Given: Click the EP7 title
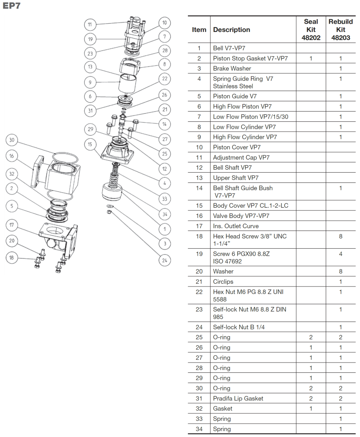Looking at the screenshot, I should click(11, 6).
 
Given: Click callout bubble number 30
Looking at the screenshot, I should click(12, 140).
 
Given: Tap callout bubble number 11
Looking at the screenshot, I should click(90, 24).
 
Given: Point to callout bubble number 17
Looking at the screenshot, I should click(12, 225).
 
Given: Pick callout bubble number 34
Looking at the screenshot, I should click(165, 214).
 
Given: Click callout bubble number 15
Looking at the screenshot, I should click(90, 144).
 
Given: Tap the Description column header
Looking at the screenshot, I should click(232, 30).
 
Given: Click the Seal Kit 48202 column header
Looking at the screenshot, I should click(311, 30).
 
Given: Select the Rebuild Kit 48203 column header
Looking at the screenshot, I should click(341, 30).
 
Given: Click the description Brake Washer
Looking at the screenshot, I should click(232, 69).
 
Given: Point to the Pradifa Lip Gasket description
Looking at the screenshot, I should click(238, 398).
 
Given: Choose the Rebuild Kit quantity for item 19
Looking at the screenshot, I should click(341, 254).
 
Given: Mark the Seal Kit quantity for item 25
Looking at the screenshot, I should click(311, 337).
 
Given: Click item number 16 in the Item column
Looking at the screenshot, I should click(199, 216).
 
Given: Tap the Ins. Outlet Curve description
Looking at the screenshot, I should click(236, 226).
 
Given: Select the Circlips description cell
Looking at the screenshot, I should click(223, 282).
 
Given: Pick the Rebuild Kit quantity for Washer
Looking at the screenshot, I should click(341, 271).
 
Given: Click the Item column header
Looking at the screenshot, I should click(199, 30).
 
